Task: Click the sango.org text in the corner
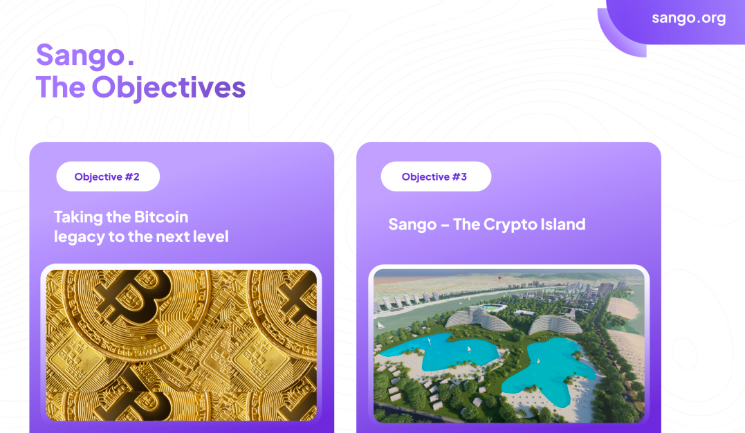tap(688, 19)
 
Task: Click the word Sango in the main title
tap(80, 55)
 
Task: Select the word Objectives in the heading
tap(169, 87)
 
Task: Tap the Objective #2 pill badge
tap(108, 176)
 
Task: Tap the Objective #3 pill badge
tap(436, 176)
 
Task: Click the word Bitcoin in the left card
tap(161, 217)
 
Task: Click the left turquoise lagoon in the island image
tap(437, 351)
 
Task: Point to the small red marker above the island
tap(499, 277)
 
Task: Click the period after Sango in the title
tap(131, 63)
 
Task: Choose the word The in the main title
tap(61, 87)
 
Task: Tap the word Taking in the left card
tap(78, 218)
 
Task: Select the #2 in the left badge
tap(132, 177)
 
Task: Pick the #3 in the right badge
tap(459, 177)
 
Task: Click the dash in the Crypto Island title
tap(445, 225)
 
